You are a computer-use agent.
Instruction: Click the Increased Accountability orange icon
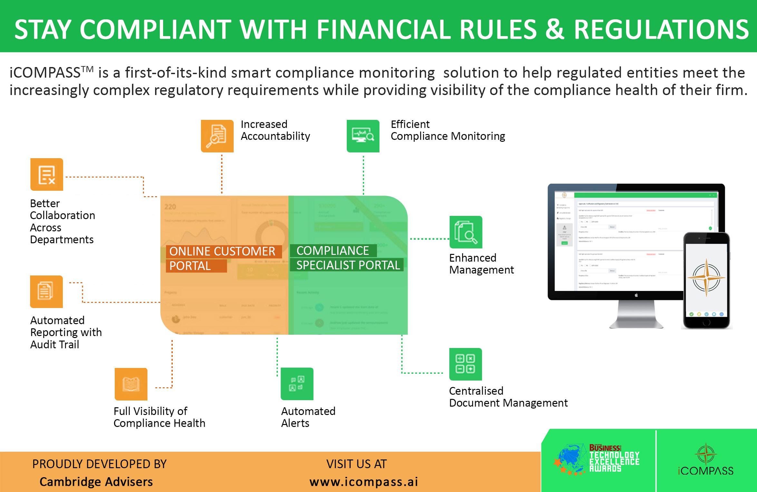click(x=217, y=136)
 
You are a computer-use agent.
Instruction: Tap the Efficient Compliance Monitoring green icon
click(x=363, y=136)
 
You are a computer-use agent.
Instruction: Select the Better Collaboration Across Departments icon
click(x=47, y=174)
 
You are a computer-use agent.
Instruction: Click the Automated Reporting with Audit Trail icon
click(x=46, y=292)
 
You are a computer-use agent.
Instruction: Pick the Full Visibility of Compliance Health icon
click(x=131, y=384)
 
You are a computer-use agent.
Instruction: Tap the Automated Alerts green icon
click(x=297, y=384)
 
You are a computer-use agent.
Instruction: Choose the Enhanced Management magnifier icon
click(x=466, y=232)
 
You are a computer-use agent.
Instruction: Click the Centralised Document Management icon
click(x=465, y=364)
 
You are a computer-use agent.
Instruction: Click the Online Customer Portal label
click(x=222, y=258)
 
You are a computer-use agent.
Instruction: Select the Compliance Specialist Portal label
click(x=347, y=258)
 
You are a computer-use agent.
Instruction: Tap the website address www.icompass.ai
click(x=364, y=482)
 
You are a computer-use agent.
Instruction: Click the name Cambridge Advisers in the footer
click(x=96, y=482)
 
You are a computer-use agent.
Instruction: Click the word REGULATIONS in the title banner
click(x=661, y=30)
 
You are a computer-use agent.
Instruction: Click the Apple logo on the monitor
click(x=636, y=295)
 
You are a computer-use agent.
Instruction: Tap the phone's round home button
click(x=706, y=322)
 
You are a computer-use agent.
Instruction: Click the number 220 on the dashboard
click(x=170, y=207)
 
